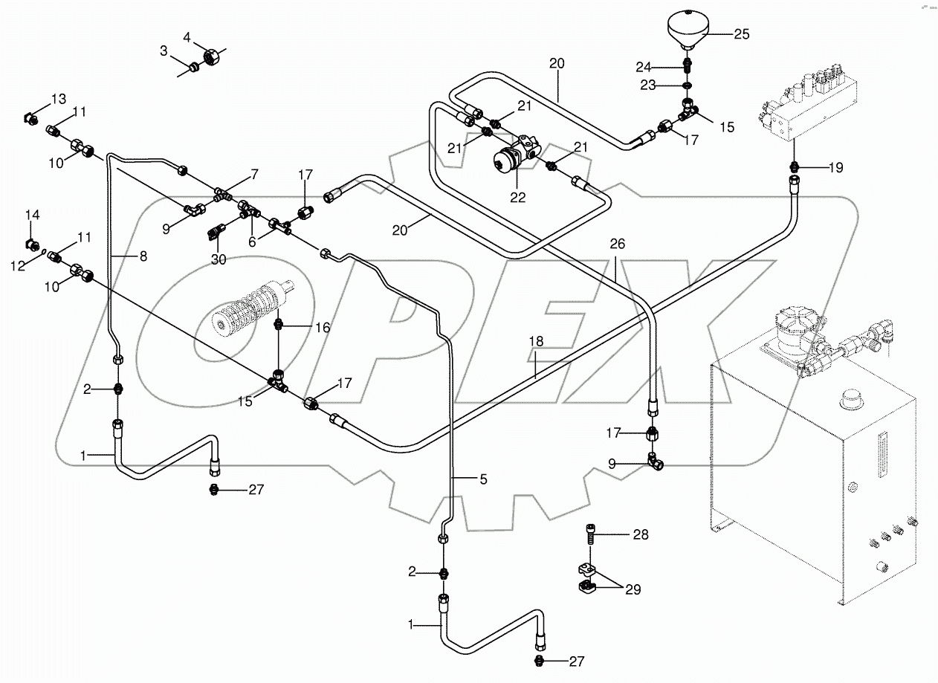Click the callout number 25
coord(741,34)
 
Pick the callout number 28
coord(639,534)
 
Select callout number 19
coord(835,168)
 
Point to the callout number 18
coord(537,340)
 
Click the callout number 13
coord(58,100)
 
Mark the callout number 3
coord(163,50)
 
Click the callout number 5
coord(482,480)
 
